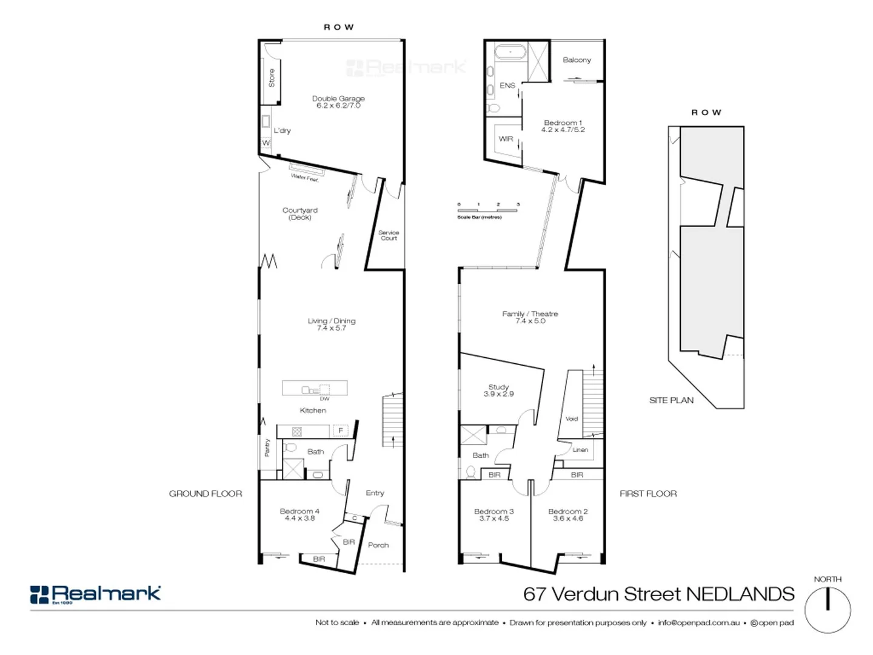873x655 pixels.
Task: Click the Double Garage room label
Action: pyautogui.click(x=338, y=102)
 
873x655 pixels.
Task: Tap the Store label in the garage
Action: pyautogui.click(x=272, y=78)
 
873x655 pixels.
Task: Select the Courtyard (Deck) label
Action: pyautogui.click(x=299, y=213)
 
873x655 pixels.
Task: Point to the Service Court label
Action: pyautogui.click(x=389, y=235)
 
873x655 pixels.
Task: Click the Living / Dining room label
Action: pyautogui.click(x=332, y=324)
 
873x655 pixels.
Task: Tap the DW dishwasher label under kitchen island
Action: pyautogui.click(x=325, y=398)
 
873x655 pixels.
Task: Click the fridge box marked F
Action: pyautogui.click(x=341, y=431)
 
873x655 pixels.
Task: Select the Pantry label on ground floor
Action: pyautogui.click(x=267, y=448)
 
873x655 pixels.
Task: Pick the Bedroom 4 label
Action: pyautogui.click(x=299, y=514)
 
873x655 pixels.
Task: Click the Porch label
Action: pyautogui.click(x=378, y=545)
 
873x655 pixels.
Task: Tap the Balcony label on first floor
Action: pyautogui.click(x=577, y=59)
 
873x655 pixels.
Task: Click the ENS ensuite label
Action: pyautogui.click(x=507, y=86)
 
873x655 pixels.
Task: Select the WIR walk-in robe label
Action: pyautogui.click(x=506, y=139)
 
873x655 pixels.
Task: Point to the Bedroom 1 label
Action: pyautogui.click(x=563, y=126)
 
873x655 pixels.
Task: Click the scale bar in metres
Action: pyautogui.click(x=487, y=210)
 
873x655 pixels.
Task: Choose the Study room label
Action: pyautogui.click(x=498, y=390)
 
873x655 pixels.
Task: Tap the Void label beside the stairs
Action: pyautogui.click(x=572, y=418)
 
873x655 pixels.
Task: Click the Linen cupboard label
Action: pyautogui.click(x=580, y=449)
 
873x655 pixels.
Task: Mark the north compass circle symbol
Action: pyautogui.click(x=828, y=610)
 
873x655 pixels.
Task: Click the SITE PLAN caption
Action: pyautogui.click(x=671, y=400)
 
